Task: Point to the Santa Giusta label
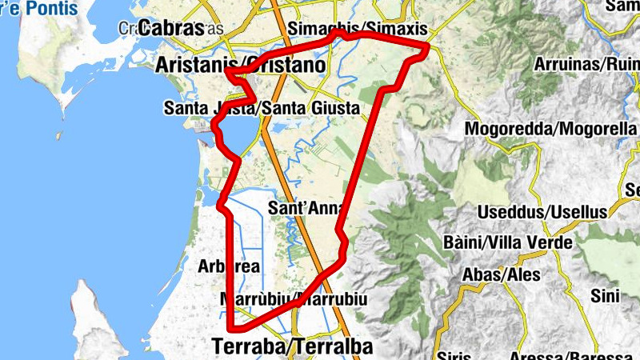coord(261,107)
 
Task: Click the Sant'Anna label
coord(306,208)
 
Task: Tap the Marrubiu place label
coord(292,299)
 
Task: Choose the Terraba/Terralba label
coord(293,346)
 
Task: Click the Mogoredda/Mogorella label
coord(551,128)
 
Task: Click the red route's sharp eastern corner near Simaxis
coord(429,46)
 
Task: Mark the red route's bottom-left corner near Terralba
coord(231,328)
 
